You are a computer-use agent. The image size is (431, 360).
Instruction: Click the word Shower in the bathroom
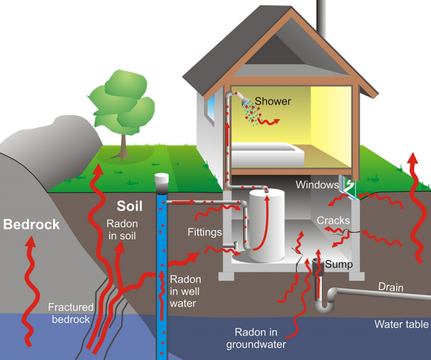coord(273,102)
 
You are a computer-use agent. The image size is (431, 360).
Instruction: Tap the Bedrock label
coord(32,224)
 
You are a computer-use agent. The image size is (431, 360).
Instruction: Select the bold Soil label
coord(130,205)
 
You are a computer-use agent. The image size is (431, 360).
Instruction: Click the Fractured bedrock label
coord(71,313)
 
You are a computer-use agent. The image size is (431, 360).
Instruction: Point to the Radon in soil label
coord(122,230)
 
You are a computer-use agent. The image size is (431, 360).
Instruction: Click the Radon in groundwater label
coord(260,338)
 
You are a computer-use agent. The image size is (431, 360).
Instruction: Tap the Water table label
coord(401,324)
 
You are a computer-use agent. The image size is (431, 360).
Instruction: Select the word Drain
coord(390,288)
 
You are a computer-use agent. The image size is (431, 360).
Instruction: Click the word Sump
coord(338,264)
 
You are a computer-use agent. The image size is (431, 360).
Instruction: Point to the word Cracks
coord(333,221)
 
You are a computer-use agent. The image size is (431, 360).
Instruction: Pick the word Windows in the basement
coord(317,184)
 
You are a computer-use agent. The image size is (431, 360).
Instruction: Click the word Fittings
coord(205,232)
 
